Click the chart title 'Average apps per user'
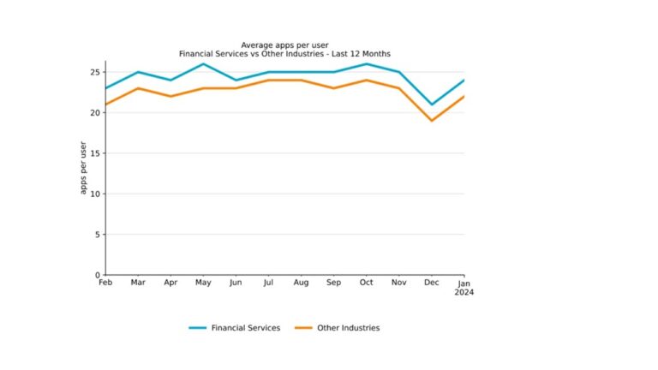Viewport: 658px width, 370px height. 284,45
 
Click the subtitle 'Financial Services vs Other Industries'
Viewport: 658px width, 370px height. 284,54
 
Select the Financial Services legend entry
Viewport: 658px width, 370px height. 234,328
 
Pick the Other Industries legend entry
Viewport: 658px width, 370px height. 337,328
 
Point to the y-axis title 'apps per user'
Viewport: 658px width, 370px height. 83,167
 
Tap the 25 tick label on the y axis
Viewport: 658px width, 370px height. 95,72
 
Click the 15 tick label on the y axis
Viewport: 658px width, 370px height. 95,153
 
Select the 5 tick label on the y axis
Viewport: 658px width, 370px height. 98,235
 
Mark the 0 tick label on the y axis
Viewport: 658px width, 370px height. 98,275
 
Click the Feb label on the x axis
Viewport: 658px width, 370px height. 105,283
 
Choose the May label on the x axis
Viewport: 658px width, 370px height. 203,283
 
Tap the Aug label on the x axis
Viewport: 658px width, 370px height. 301,283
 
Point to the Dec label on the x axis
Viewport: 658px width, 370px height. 431,283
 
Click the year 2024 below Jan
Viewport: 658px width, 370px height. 464,292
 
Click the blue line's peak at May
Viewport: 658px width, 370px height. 203,64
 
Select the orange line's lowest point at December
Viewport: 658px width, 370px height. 431,121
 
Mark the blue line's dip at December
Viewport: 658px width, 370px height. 431,104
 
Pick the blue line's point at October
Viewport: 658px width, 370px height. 366,64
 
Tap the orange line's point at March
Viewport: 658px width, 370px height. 138,88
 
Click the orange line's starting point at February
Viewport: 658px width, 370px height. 105,104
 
